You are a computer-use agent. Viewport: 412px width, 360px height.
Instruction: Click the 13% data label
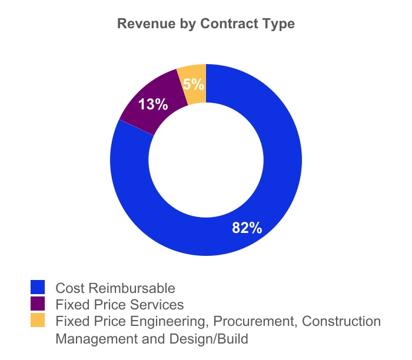[x=153, y=105]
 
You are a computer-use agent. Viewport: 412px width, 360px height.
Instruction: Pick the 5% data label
[x=193, y=84]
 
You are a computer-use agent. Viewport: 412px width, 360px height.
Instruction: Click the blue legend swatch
[x=38, y=287]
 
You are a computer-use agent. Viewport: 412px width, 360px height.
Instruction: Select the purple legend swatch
[x=38, y=304]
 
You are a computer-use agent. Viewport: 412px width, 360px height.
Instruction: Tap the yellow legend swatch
[x=38, y=321]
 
